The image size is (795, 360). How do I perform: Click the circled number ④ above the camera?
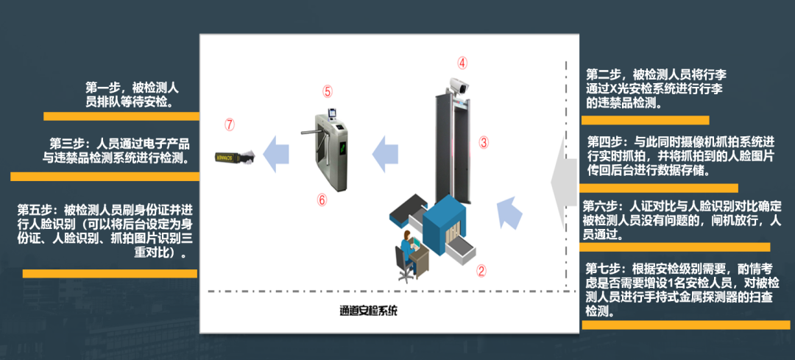[x=462, y=63]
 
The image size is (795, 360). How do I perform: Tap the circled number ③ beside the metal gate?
[x=484, y=141]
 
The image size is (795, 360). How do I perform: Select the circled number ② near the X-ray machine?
[x=481, y=270]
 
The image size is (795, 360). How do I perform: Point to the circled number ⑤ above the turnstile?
[x=328, y=91]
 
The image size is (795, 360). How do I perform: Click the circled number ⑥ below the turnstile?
[x=322, y=200]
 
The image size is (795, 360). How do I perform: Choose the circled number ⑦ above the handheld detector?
[x=230, y=124]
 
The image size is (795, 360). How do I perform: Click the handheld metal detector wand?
[x=233, y=155]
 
